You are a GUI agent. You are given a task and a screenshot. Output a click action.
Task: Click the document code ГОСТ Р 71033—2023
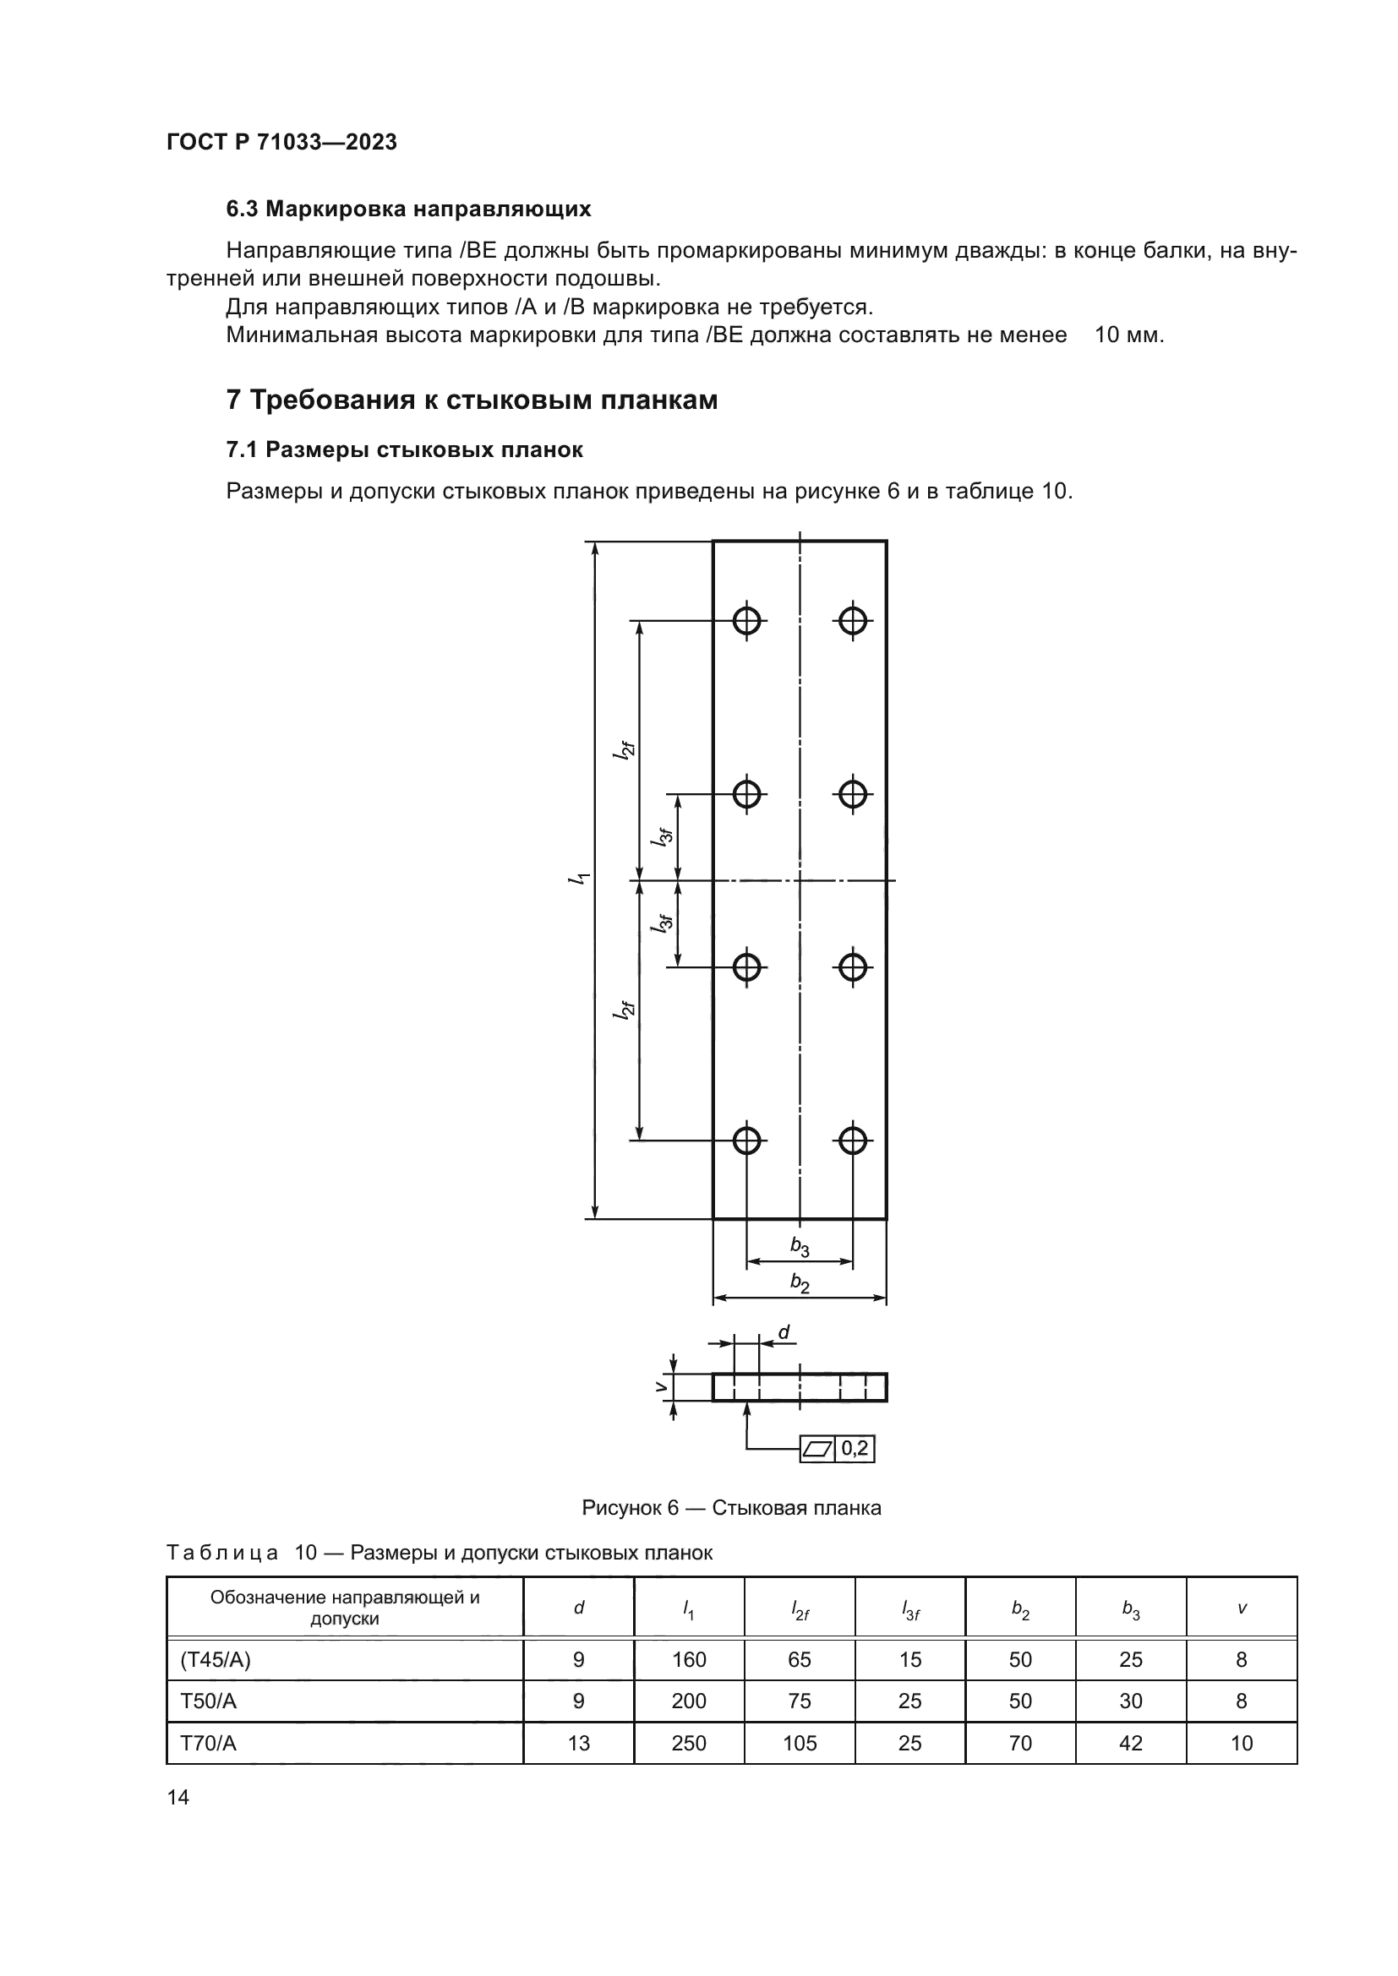coord(281,142)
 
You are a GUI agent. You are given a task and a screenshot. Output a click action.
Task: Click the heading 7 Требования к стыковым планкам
coord(471,400)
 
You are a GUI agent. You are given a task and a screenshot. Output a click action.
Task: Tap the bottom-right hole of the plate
coord(852,1140)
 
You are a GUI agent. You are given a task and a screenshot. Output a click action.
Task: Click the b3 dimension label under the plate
coord(800,1246)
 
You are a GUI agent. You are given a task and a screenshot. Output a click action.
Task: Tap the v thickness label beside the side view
coord(660,1386)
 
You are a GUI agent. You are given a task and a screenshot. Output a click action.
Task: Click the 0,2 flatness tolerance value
coord(855,1449)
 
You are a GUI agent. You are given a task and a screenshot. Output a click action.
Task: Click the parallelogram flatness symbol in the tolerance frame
coord(817,1450)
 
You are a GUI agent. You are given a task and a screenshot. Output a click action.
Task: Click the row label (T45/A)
coord(216,1659)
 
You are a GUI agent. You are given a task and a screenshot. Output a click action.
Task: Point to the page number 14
coord(178,1797)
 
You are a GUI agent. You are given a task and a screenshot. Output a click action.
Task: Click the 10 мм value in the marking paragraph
coord(1128,335)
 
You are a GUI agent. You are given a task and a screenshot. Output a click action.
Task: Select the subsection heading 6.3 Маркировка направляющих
coord(408,210)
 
